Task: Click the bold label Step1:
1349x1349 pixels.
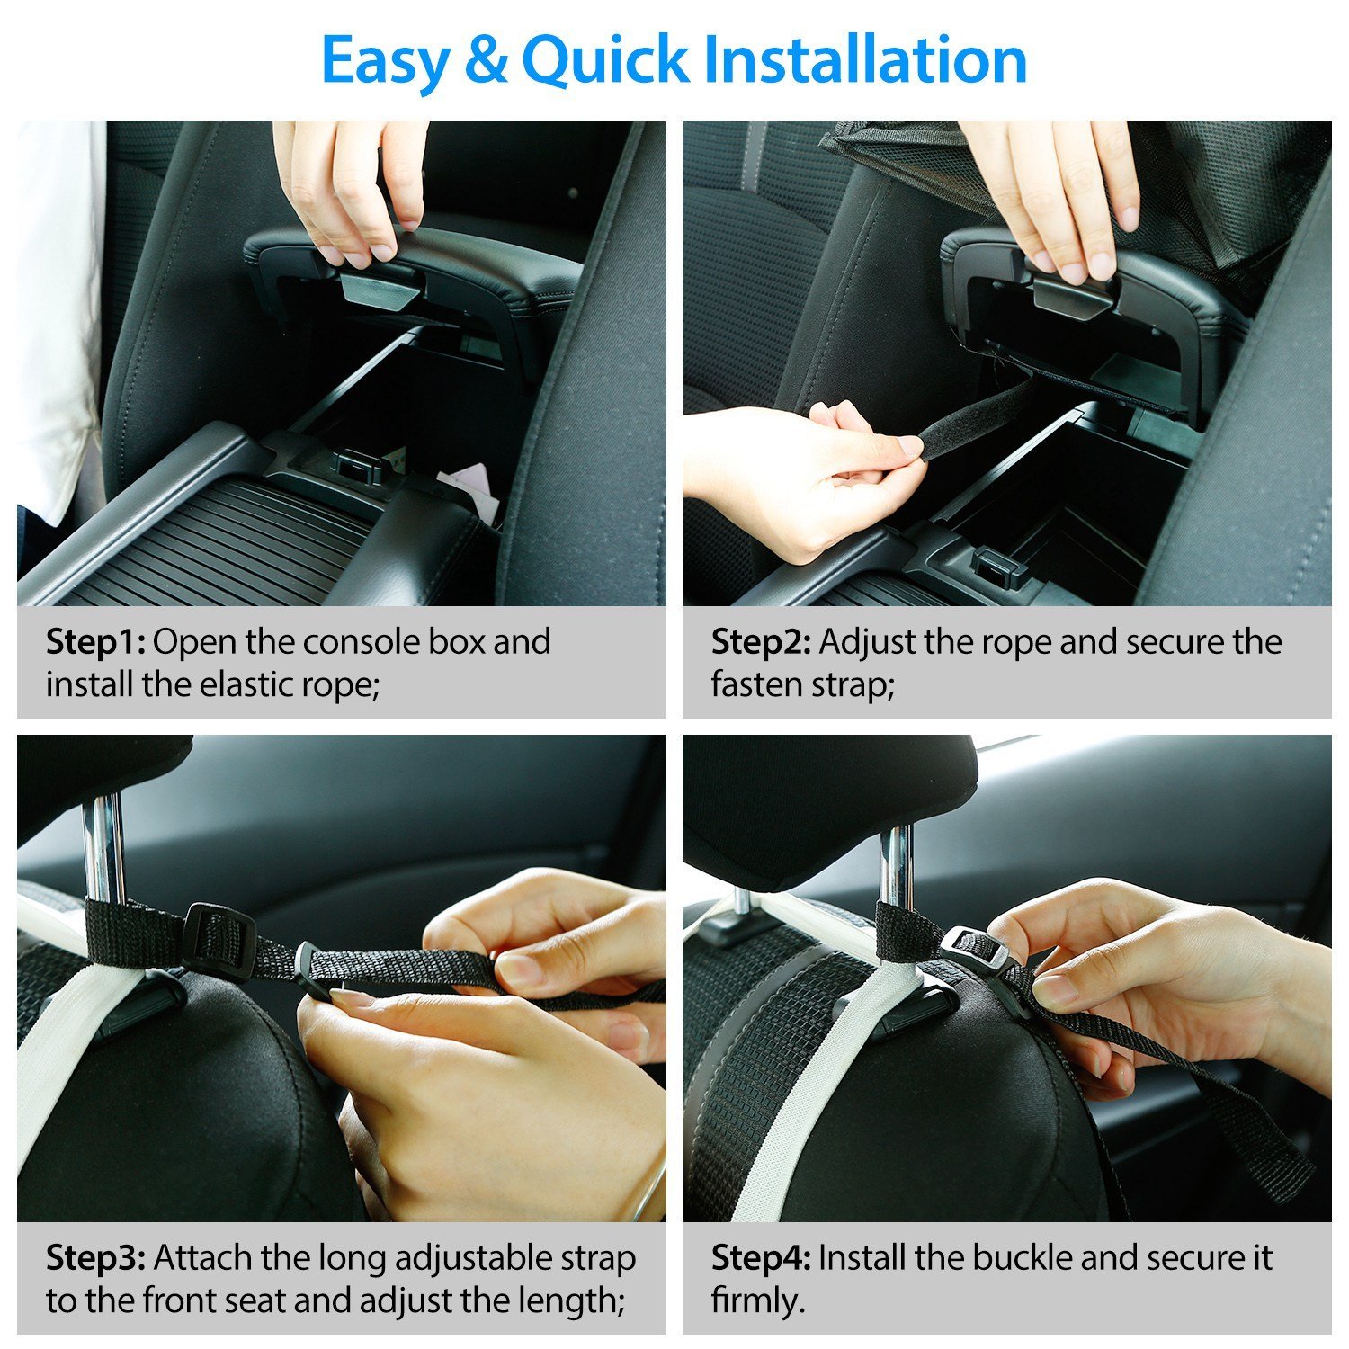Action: [95, 642]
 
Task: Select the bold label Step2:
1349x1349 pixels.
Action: [761, 642]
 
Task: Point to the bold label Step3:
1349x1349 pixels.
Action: [95, 1257]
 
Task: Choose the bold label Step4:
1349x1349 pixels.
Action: [761, 1257]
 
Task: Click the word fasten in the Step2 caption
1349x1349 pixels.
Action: [752, 684]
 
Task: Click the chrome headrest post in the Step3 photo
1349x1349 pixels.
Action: [104, 845]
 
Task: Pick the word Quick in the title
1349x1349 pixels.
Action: [604, 61]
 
